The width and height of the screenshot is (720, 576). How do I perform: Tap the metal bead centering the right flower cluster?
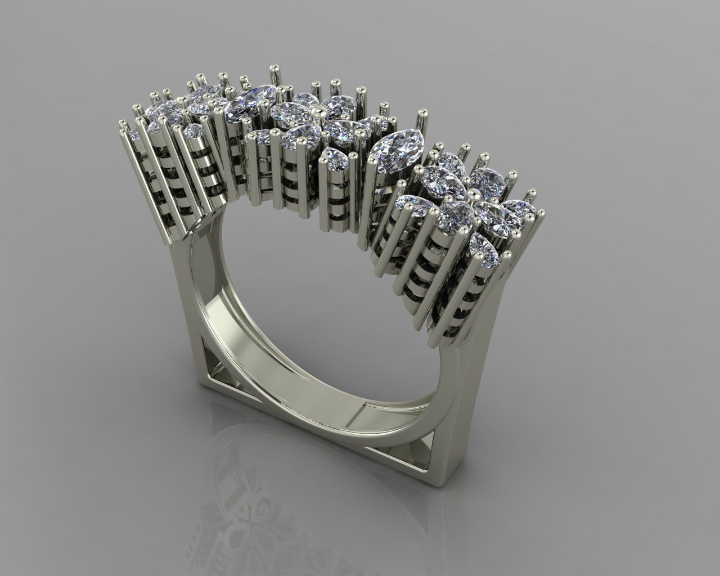click(471, 194)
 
